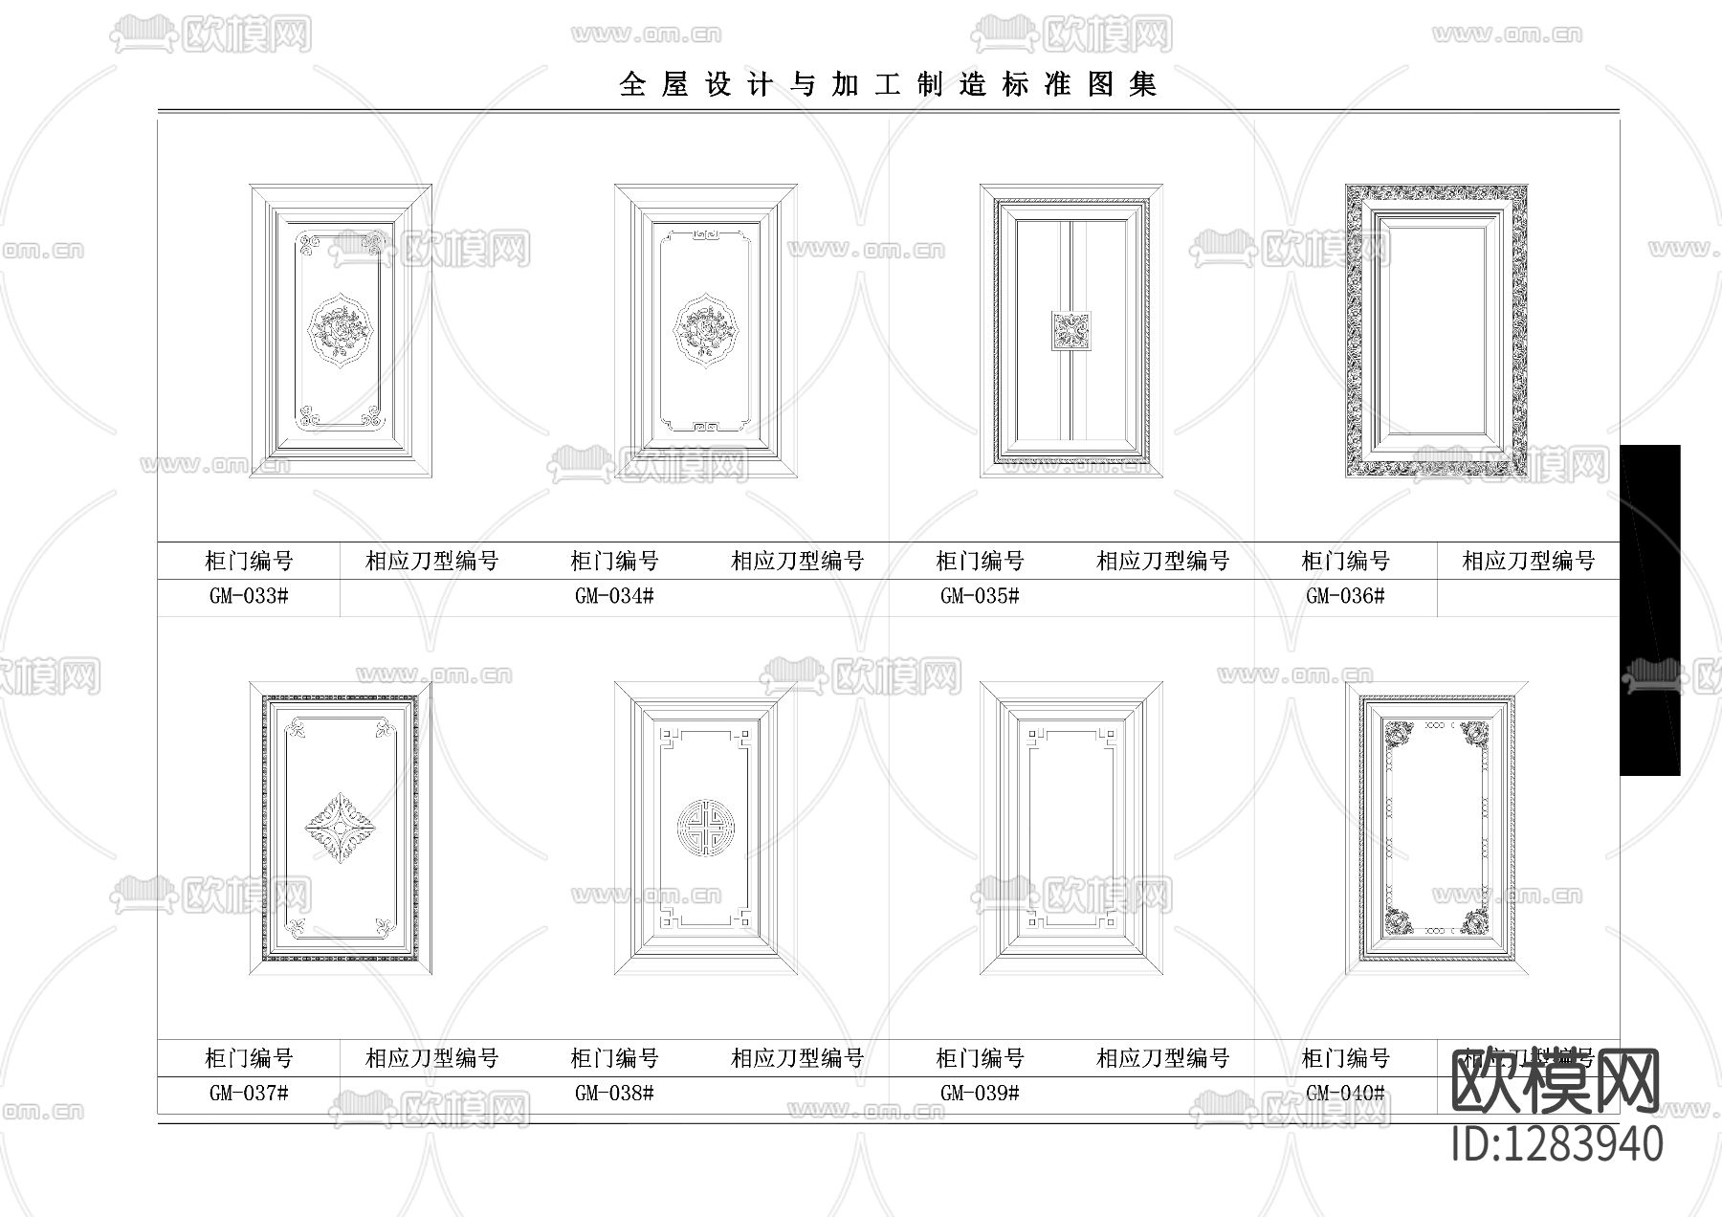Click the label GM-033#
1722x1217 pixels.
click(x=249, y=596)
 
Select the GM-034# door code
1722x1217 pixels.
click(x=614, y=596)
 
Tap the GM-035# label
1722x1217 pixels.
click(x=980, y=596)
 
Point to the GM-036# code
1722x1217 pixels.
click(x=1345, y=596)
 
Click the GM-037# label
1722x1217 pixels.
click(x=249, y=1093)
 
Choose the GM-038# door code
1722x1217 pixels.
click(x=614, y=1093)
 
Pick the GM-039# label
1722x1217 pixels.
click(x=980, y=1093)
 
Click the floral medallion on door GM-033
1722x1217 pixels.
click(x=340, y=331)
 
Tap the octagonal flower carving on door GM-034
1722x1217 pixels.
click(x=706, y=331)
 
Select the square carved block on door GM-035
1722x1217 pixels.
click(x=1071, y=331)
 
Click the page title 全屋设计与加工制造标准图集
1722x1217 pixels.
click(x=888, y=84)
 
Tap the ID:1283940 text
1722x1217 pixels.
click(x=1557, y=1144)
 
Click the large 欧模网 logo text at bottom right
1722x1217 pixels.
click(x=1556, y=1082)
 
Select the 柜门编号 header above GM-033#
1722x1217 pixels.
click(x=249, y=561)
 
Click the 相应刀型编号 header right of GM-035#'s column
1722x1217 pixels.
click(x=1162, y=561)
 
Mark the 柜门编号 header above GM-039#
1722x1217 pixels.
click(x=980, y=1058)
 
